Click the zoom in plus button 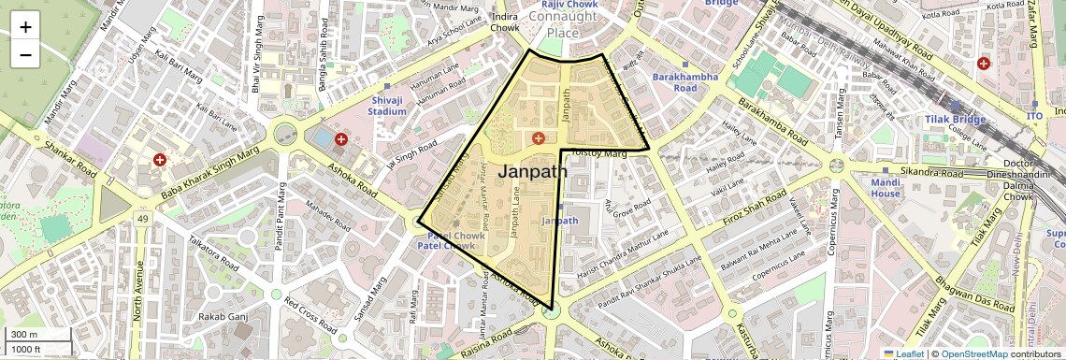[x=25, y=27]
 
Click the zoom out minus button [x=25, y=54]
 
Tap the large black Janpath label [x=533, y=171]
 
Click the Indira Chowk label [x=505, y=22]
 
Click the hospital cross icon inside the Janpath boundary [x=538, y=138]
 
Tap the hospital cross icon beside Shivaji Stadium [x=341, y=139]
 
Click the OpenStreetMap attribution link [x=974, y=353]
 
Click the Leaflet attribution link [x=903, y=353]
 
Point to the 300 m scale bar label [x=24, y=335]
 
